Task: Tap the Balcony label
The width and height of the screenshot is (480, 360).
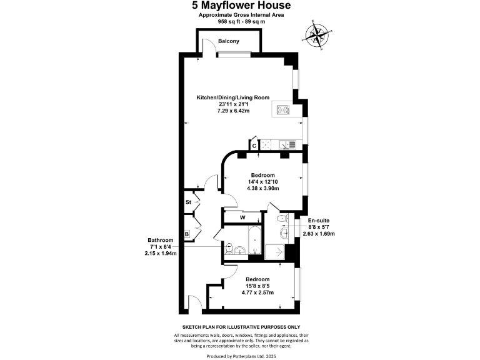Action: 229,41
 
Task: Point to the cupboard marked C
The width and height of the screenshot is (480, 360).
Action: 254,145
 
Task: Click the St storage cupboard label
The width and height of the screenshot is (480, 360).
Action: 187,202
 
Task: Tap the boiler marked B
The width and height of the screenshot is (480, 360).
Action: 186,234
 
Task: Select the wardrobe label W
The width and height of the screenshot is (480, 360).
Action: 242,217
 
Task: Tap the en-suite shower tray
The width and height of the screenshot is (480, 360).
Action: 275,252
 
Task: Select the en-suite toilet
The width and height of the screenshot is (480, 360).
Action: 282,217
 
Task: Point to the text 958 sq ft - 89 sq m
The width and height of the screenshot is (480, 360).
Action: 240,21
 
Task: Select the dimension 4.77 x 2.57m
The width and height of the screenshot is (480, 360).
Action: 258,292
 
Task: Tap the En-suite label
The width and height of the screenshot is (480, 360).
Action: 319,220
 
